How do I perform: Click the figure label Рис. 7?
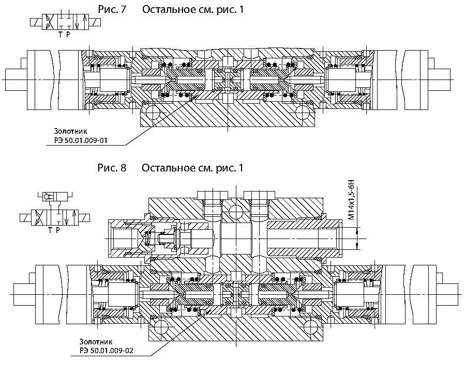(x=112, y=9)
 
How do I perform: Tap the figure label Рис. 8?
(x=112, y=168)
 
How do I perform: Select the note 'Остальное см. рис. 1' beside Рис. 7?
(x=193, y=9)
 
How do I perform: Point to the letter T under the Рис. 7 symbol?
(x=60, y=35)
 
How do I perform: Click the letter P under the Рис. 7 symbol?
(x=68, y=35)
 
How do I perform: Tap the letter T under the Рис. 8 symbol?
(x=50, y=230)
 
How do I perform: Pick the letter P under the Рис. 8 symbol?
(x=58, y=230)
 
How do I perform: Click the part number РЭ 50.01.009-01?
(x=81, y=140)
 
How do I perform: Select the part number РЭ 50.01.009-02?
(x=107, y=351)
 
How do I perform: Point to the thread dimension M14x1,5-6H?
(x=351, y=202)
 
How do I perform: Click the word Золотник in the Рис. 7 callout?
(x=70, y=131)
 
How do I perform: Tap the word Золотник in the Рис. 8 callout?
(x=96, y=342)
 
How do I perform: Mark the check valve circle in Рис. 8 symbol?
(x=47, y=196)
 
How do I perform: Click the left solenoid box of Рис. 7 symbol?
(x=36, y=22)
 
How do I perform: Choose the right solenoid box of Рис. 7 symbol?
(x=95, y=22)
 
